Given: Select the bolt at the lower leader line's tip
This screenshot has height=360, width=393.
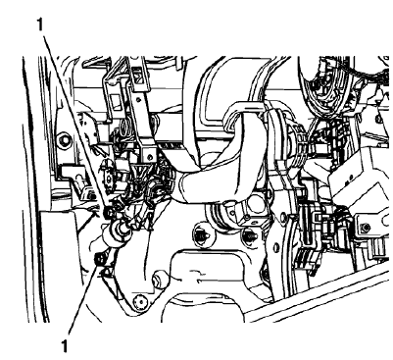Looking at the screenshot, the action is click(100, 259).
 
